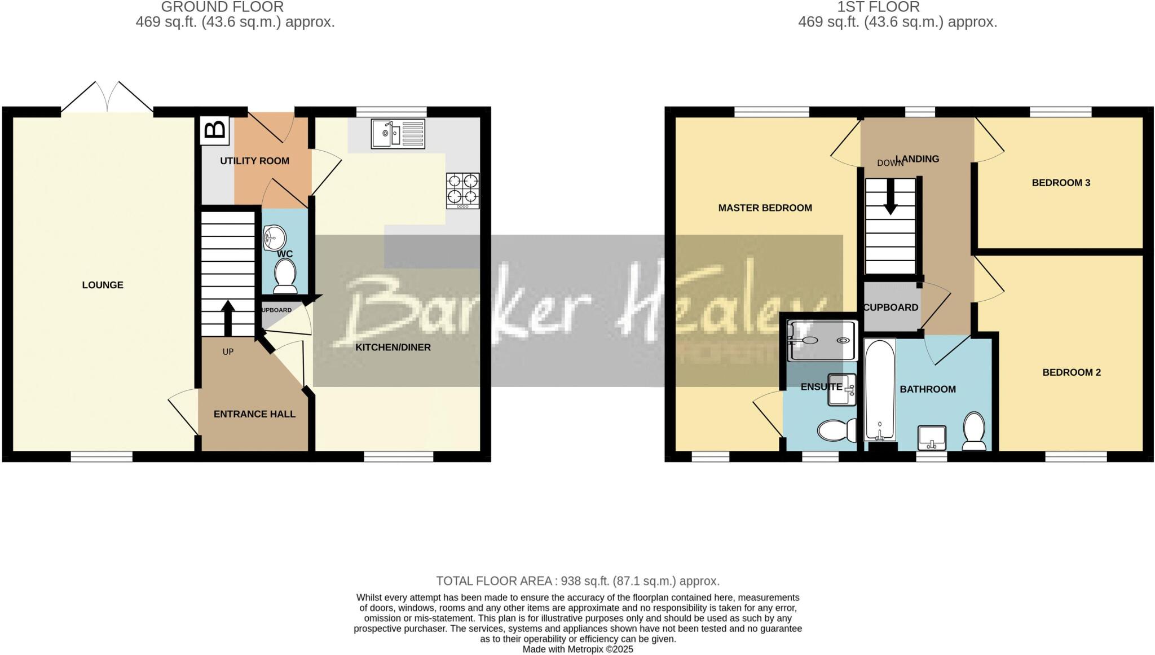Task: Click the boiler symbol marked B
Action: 214,129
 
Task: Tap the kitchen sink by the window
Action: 398,134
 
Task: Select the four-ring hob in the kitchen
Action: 463,190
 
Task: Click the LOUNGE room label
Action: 103,285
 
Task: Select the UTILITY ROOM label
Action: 254,161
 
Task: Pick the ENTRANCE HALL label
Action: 254,414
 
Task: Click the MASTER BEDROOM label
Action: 765,208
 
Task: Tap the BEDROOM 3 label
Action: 1061,183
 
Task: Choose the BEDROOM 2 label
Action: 1072,372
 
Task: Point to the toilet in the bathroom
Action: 974,431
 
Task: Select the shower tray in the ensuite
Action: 823,340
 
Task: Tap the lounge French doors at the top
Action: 107,99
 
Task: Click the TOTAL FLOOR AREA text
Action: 577,581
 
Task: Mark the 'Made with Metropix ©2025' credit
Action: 577,649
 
